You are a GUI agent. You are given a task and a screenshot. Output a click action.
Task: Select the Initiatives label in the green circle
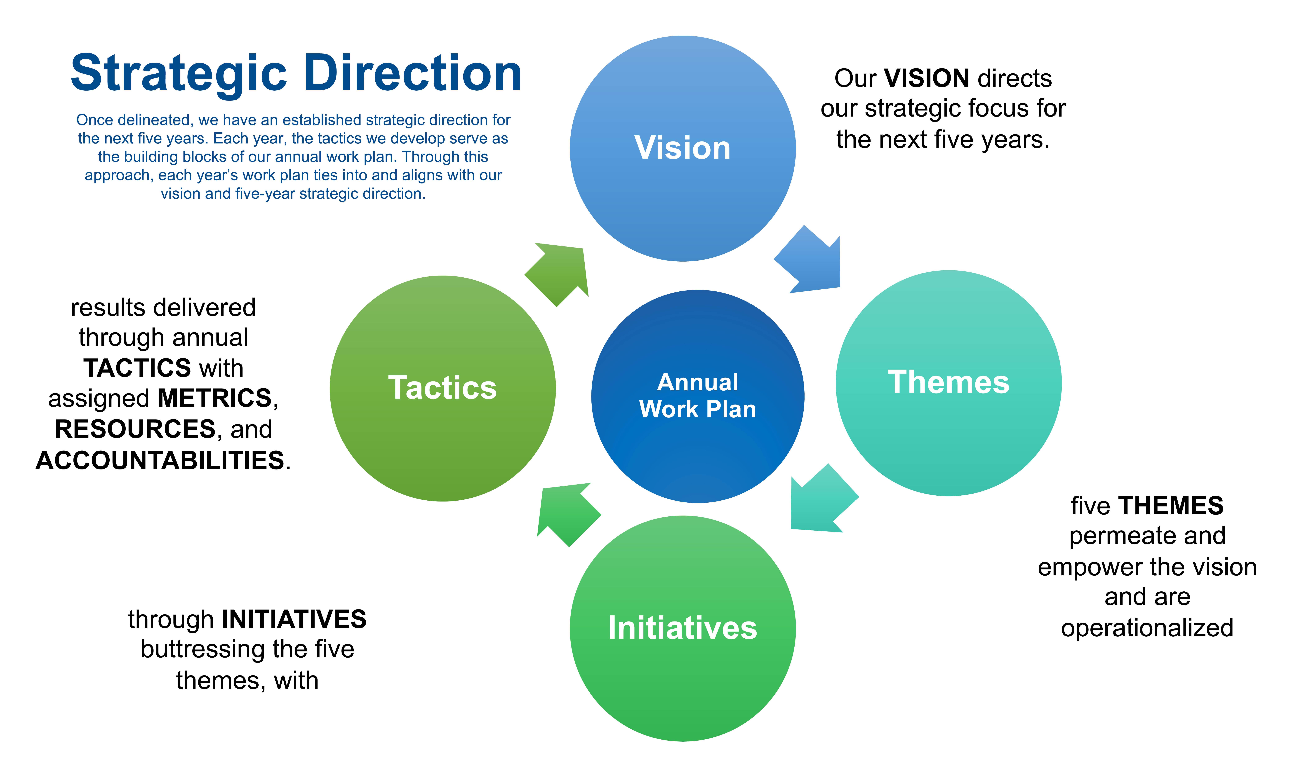[683, 628]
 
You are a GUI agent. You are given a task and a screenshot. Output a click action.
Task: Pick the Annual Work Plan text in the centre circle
[698, 396]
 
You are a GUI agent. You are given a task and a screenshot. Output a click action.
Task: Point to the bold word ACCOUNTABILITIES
[160, 460]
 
